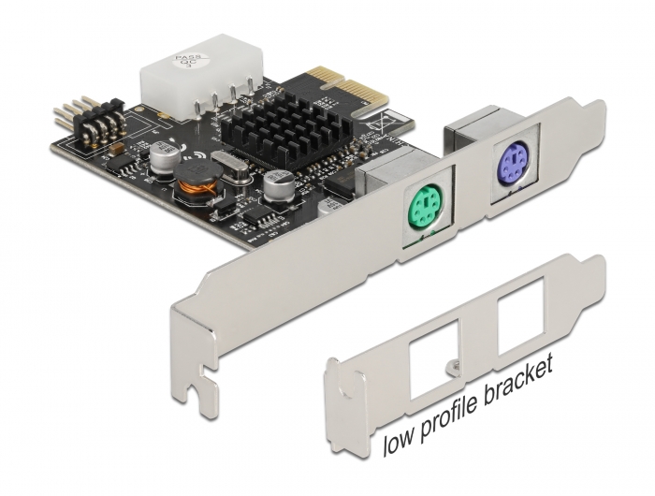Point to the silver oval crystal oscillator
(227, 166)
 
